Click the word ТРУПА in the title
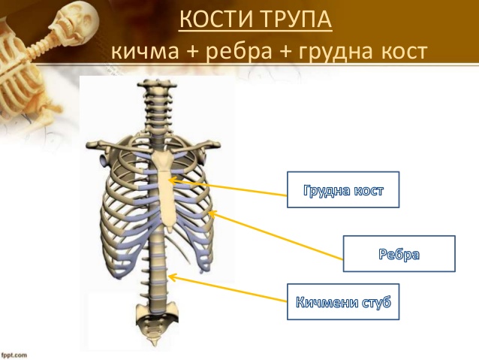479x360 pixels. point(297,19)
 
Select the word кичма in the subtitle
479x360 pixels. point(145,51)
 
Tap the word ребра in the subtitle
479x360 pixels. point(239,51)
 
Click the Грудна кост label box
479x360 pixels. point(343,189)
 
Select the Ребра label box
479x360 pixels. point(399,253)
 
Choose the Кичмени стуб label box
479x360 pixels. point(343,301)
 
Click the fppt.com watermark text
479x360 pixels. point(14,355)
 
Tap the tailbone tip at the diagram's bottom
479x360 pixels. point(153,343)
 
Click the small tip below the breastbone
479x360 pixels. point(170,228)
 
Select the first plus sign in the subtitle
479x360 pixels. point(192,52)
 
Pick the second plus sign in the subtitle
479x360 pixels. point(285,52)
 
